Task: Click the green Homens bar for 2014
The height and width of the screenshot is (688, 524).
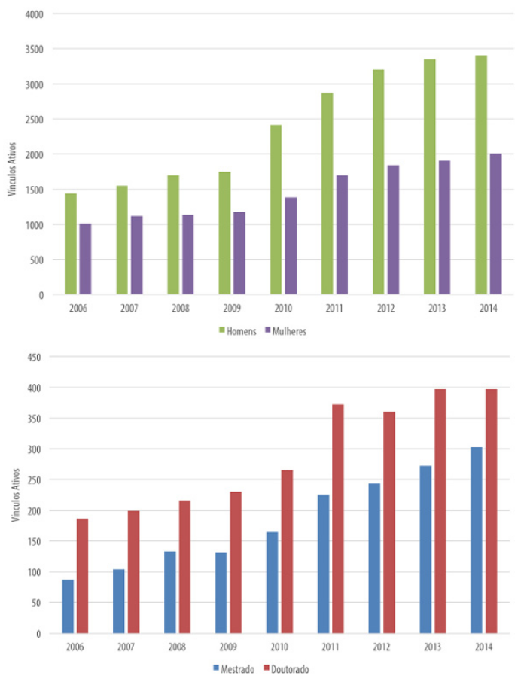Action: click(x=480, y=175)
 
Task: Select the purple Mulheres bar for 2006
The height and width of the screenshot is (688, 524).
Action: click(x=85, y=259)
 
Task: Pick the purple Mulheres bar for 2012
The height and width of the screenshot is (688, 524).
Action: click(x=392, y=230)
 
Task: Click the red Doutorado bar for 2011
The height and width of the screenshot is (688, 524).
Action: click(x=338, y=519)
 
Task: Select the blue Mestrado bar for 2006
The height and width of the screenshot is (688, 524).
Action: click(x=68, y=606)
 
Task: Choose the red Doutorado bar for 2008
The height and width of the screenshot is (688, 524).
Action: click(x=184, y=566)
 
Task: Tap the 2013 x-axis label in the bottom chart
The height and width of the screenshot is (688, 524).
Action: click(x=434, y=647)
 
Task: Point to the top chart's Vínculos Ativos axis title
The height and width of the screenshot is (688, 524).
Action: click(x=11, y=175)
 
